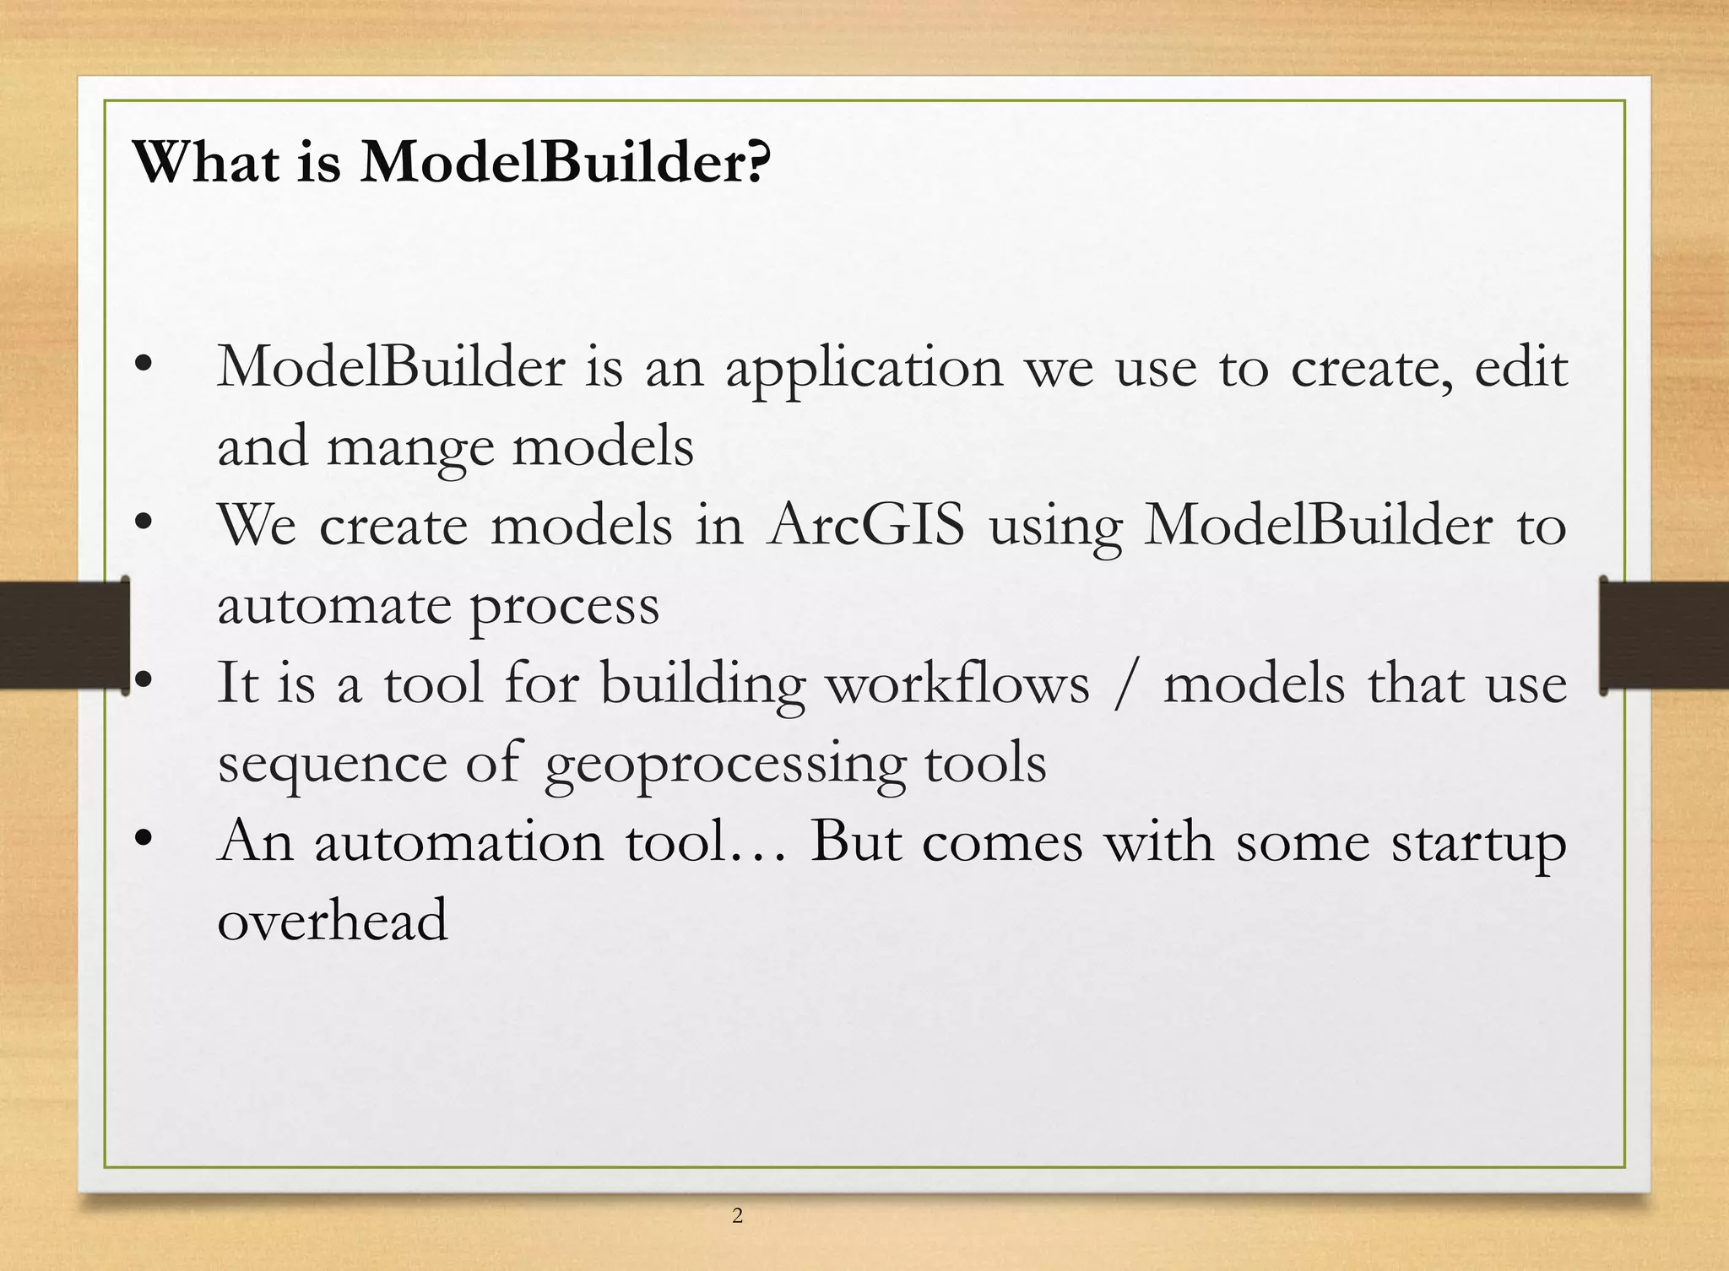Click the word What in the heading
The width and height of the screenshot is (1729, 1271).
click(206, 161)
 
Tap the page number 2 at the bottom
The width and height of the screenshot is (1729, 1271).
click(737, 1215)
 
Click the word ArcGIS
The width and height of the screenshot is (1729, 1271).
click(866, 525)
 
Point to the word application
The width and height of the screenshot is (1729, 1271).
click(864, 370)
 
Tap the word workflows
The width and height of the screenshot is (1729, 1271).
click(957, 684)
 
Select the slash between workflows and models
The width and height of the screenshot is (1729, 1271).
click(1125, 684)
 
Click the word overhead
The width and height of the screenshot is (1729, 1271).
click(332, 920)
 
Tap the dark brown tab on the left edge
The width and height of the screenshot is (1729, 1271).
click(63, 635)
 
